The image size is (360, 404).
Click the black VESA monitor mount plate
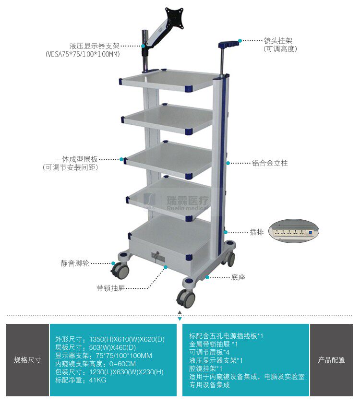coord(175,19)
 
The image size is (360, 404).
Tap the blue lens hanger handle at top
coord(228,44)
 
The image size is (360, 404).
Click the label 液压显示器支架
coord(94,46)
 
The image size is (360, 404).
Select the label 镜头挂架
coord(278,41)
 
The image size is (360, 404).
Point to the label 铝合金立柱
coord(270,163)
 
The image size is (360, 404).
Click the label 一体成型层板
coord(76,159)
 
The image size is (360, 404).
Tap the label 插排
coord(257,232)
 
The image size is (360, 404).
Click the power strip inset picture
coord(293,231)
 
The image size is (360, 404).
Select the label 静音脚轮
coord(75,263)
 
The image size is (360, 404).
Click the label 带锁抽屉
coord(111,288)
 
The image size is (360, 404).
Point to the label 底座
coord(238,277)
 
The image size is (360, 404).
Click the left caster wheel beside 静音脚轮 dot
coord(120,270)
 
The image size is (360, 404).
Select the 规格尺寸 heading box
coord(27,360)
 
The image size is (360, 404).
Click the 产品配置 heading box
coord(331,360)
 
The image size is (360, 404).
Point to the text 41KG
coord(97,380)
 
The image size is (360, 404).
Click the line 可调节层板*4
coord(209,352)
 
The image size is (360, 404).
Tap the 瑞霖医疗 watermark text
coord(188,200)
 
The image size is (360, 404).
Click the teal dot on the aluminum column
coord(228,163)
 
